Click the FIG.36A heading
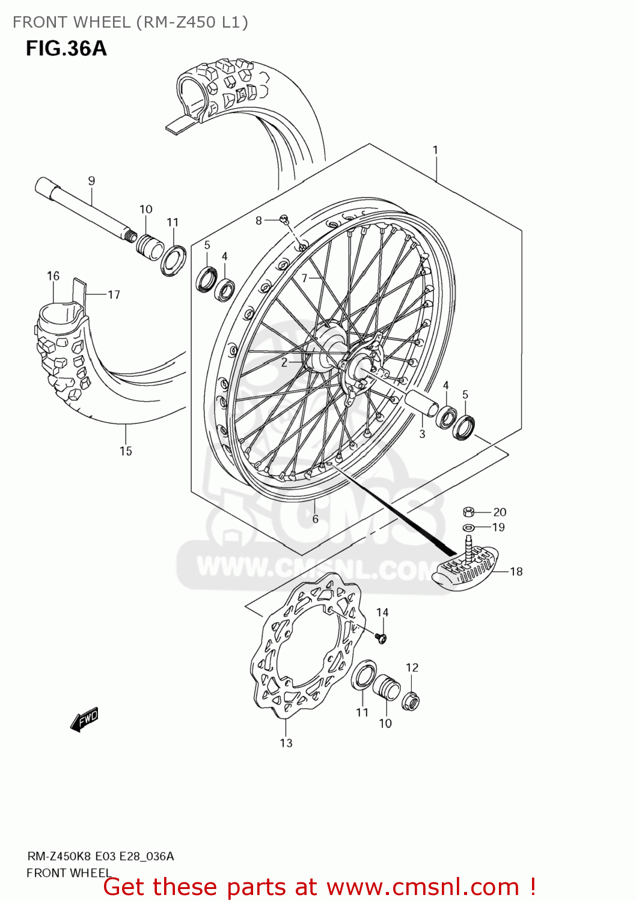[x=66, y=48]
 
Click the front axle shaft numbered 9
[x=84, y=207]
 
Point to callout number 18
[x=516, y=571]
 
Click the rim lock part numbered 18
[x=466, y=568]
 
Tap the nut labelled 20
[x=469, y=512]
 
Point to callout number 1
[x=435, y=150]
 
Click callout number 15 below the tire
[x=126, y=451]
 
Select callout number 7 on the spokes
[x=305, y=278]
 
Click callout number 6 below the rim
[x=315, y=519]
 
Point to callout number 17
[x=114, y=294]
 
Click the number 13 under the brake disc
[x=286, y=743]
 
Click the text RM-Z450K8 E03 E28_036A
[x=100, y=856]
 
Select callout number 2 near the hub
[x=284, y=362]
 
